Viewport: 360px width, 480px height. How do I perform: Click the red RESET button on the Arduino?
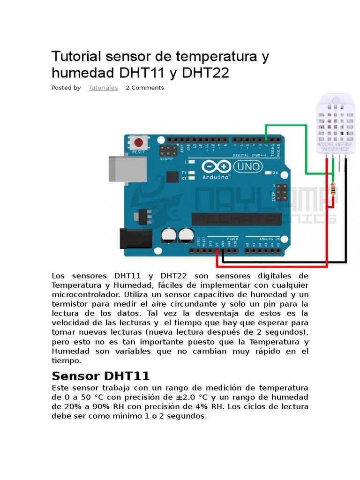pos(138,142)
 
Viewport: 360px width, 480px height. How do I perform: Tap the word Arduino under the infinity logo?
pos(216,178)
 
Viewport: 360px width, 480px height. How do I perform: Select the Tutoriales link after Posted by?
pos(103,88)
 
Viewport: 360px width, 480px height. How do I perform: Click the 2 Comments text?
pos(145,88)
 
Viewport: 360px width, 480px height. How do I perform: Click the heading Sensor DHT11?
pos(100,376)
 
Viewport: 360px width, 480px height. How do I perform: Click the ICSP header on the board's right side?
pos(281,193)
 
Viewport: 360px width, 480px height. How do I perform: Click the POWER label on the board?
pos(232,239)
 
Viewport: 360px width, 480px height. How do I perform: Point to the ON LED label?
pos(275,173)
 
